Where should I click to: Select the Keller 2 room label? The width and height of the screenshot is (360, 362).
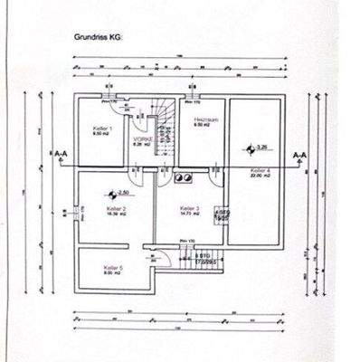(118, 209)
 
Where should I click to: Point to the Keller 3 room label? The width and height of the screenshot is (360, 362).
(189, 207)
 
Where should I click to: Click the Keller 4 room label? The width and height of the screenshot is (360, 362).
(259, 169)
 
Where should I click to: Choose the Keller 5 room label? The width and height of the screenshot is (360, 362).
(112, 268)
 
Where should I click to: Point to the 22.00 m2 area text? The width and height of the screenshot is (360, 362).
(260, 175)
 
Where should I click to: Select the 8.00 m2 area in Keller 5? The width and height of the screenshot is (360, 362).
(112, 273)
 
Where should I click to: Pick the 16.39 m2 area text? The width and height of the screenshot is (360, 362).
(117, 214)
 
